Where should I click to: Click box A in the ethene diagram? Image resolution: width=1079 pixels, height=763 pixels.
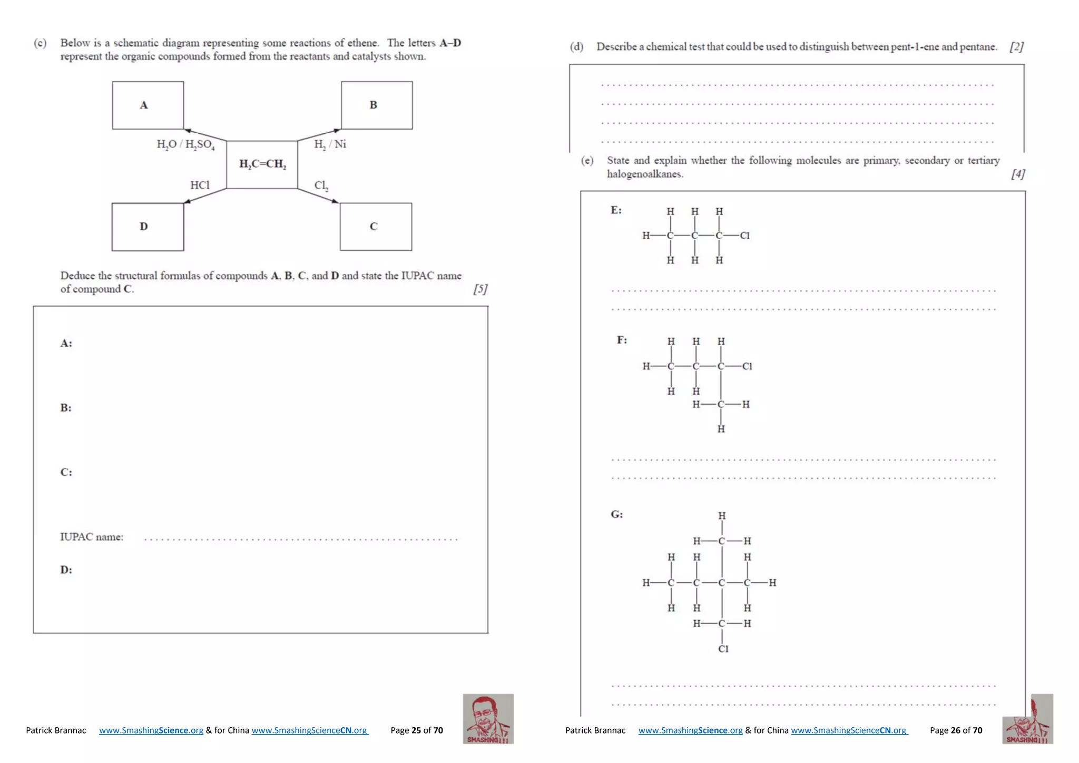coord(148,105)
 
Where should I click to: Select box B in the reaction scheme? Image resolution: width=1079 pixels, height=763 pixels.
coord(377,105)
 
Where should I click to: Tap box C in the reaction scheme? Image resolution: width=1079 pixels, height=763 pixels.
coord(376,227)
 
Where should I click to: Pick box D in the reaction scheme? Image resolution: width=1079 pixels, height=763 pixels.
coord(148,227)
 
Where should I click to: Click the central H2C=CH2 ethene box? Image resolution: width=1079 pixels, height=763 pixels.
coord(262,164)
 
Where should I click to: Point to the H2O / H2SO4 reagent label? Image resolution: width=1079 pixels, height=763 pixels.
coord(185,145)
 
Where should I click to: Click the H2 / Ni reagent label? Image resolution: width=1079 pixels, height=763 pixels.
coord(330,144)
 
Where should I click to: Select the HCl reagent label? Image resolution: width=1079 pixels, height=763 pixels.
coord(200,185)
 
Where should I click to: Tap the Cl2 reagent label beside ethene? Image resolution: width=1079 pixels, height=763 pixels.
coord(321,185)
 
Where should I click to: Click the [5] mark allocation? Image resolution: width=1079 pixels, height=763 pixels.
coord(480,289)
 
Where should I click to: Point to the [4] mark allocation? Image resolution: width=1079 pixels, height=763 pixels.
coord(1018,174)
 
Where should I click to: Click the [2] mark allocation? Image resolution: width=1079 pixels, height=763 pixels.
coord(1016,47)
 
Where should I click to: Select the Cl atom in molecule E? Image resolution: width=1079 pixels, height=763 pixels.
coord(744,236)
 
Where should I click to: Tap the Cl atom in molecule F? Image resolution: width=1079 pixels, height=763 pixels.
coord(747,366)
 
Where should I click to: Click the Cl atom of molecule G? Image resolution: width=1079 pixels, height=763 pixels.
coord(723,649)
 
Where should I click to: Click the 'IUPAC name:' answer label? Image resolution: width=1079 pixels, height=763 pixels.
coord(92,537)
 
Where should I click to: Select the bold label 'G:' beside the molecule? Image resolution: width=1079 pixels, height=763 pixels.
coord(617,514)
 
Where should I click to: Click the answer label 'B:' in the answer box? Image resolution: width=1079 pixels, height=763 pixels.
coord(66,408)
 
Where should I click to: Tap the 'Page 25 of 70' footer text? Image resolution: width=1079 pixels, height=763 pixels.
coord(416,730)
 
